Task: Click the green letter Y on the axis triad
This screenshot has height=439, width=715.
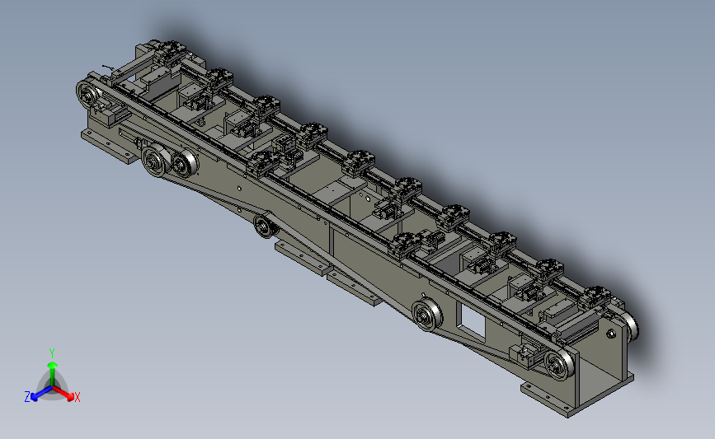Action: [x=52, y=353]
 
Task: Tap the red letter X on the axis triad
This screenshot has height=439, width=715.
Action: [x=77, y=397]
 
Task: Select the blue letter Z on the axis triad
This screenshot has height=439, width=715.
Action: [x=27, y=397]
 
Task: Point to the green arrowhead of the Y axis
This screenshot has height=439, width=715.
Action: [x=53, y=366]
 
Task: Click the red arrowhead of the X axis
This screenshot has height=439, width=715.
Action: [x=70, y=397]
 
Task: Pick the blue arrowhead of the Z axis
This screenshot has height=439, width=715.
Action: [x=34, y=397]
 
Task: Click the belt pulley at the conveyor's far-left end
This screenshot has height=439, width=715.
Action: [x=89, y=94]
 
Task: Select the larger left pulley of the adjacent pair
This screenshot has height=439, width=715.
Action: [x=156, y=160]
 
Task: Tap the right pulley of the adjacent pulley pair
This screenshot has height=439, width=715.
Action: [x=185, y=163]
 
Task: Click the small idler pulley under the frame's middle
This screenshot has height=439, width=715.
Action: [x=265, y=226]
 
